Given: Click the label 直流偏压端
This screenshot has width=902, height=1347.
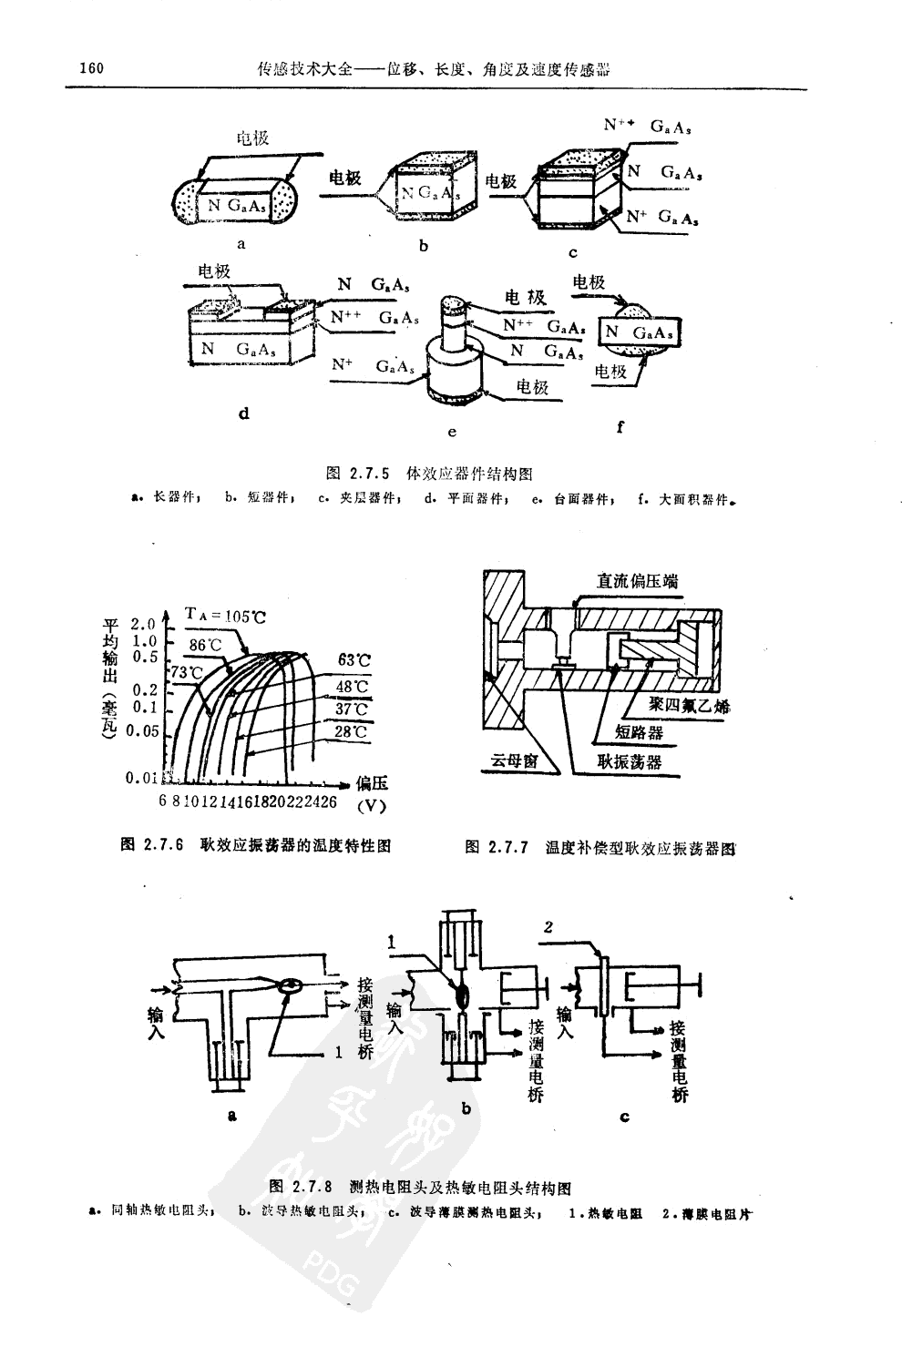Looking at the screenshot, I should click(637, 580).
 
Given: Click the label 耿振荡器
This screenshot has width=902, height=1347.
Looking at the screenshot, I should click(629, 761).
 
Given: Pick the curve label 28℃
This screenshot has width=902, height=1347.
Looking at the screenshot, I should click(351, 731).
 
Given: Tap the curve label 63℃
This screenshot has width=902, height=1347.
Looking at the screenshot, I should click(354, 659).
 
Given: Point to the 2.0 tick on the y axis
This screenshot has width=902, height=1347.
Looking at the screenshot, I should click(144, 624).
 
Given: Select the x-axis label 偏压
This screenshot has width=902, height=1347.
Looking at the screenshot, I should click(373, 783).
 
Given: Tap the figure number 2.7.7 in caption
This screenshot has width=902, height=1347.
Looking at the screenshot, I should click(507, 848).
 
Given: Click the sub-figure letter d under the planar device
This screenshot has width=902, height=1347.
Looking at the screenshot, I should click(243, 413).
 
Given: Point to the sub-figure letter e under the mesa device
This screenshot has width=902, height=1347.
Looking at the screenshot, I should click(452, 432).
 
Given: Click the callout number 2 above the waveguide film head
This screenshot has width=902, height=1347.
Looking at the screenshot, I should click(548, 927).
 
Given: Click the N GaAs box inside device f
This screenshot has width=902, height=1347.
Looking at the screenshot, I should click(640, 332).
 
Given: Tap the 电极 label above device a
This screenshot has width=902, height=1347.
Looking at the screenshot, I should click(252, 138).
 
